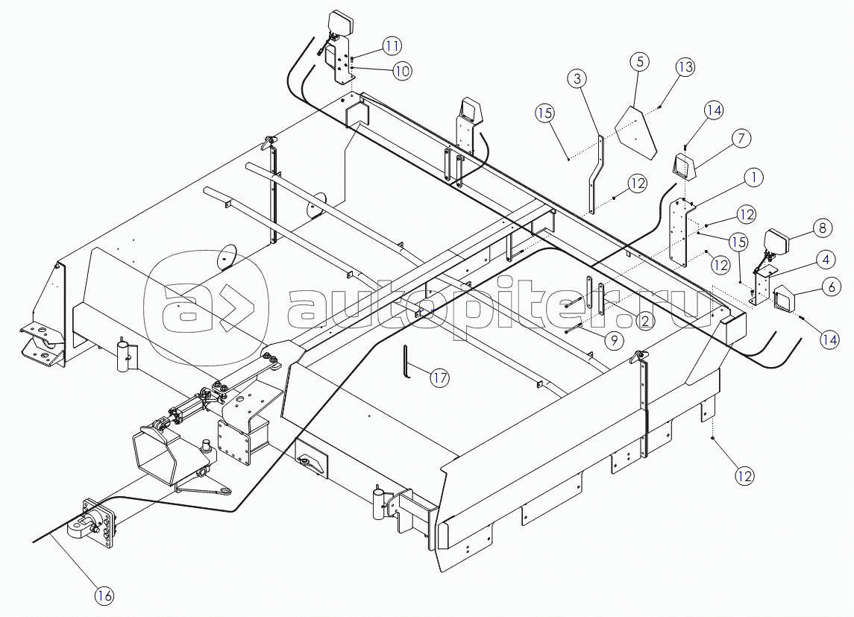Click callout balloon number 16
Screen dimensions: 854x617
tap(104, 595)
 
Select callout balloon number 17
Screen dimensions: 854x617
tap(439, 378)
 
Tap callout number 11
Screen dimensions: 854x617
tap(392, 46)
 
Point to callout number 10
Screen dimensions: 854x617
tap(402, 71)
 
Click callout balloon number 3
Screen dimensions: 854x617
tap(577, 78)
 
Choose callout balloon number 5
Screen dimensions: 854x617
tap(640, 61)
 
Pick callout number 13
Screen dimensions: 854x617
tap(685, 67)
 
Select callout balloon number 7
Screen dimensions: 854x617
tap(741, 139)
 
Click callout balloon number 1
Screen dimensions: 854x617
tap(754, 178)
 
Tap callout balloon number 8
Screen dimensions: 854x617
tap(823, 228)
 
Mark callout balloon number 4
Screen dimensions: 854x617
tap(826, 260)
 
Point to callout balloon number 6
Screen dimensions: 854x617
tap(831, 286)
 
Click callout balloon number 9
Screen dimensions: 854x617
tap(614, 341)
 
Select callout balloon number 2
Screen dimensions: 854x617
tap(645, 321)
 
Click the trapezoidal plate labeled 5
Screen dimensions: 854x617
tap(636, 133)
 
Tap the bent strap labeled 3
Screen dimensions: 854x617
tap(596, 175)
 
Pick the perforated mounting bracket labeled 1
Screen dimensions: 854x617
tap(681, 233)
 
